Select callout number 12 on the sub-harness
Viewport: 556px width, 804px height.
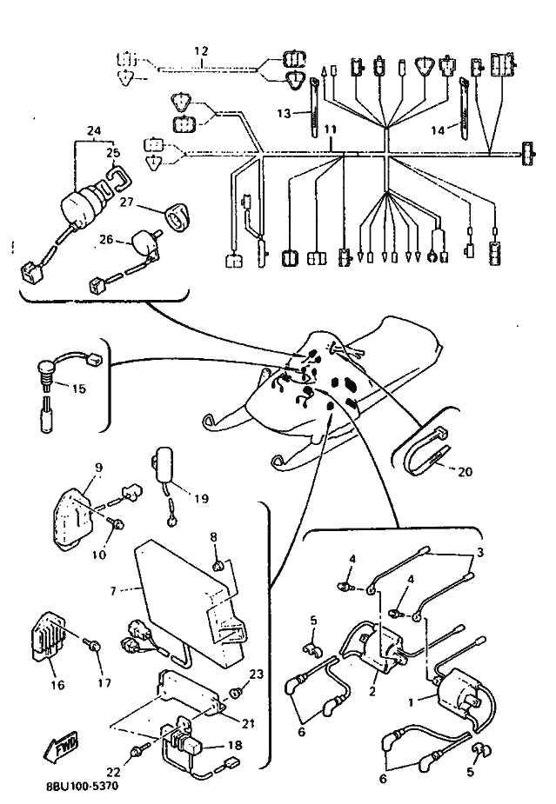(x=201, y=50)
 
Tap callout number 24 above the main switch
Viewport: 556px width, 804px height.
(x=94, y=130)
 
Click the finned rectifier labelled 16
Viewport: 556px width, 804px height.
(x=50, y=636)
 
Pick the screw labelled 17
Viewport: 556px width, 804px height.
(x=93, y=646)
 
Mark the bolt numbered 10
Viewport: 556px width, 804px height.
(x=117, y=523)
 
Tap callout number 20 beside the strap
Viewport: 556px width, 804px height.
(x=465, y=471)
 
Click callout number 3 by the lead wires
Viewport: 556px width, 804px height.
(x=479, y=553)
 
